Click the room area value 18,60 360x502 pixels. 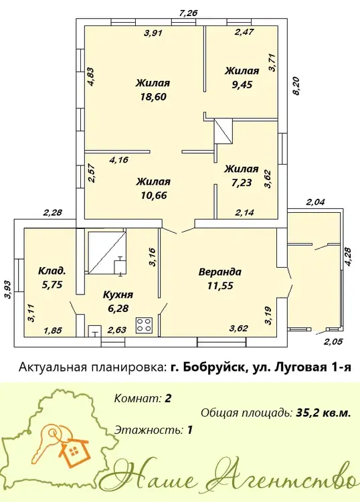[153, 96]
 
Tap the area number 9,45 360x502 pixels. [242, 84]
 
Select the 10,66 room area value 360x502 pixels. [154, 195]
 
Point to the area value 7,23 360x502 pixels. [242, 183]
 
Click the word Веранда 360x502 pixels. [220, 272]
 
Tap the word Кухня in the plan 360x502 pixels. [118, 295]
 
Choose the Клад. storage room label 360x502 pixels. [52, 271]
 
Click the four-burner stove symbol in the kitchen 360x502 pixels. [144, 325]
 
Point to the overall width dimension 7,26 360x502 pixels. [189, 13]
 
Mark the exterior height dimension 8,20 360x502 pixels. [297, 86]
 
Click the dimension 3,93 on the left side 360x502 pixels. [8, 289]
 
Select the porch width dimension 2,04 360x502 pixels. [316, 202]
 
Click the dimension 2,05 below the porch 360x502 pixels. [333, 341]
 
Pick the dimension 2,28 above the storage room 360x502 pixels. [52, 212]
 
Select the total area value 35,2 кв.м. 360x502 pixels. [323, 413]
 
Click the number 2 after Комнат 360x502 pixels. [168, 399]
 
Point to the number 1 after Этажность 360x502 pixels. [190, 429]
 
